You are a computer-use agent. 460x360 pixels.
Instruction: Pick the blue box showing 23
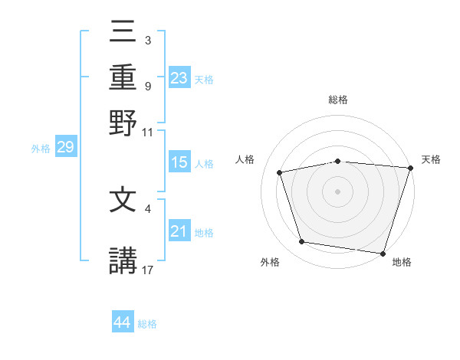pos(179,78)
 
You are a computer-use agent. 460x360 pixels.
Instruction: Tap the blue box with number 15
pos(179,163)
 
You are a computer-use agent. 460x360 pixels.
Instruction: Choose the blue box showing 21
pos(179,232)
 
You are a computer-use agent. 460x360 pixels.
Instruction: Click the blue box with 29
pos(65,148)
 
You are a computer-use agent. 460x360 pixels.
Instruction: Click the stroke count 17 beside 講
pos(148,269)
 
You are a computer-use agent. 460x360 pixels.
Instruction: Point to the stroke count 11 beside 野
pos(148,132)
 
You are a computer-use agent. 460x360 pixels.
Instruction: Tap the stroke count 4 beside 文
pos(148,206)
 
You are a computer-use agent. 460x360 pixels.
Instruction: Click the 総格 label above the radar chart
pos(338,100)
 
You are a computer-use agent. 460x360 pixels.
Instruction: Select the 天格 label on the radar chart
pos(431,159)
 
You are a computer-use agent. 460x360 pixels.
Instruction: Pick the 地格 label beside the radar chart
pos(402,262)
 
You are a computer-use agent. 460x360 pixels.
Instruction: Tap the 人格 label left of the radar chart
pos(245,159)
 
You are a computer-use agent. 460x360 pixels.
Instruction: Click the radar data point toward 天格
pos(409,168)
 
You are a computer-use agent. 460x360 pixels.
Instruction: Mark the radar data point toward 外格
pos(302,242)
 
